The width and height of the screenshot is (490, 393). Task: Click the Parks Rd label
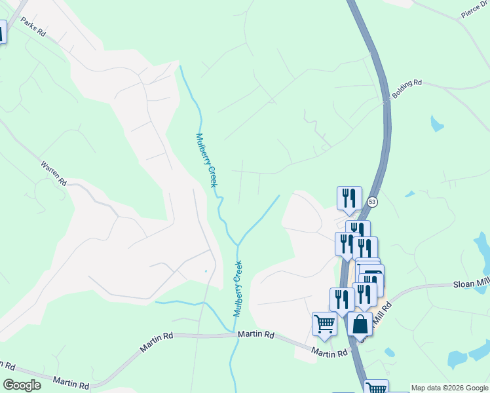[x=32, y=27]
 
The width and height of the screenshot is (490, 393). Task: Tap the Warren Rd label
[x=54, y=172]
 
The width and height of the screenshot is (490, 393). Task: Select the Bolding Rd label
[x=407, y=90]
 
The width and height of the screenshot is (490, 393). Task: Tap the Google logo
[x=22, y=385]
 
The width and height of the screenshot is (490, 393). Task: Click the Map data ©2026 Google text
[x=449, y=388]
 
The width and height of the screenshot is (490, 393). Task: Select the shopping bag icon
[x=360, y=323]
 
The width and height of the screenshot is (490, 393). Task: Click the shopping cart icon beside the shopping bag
[x=325, y=323]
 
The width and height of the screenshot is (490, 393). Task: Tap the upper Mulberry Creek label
[x=206, y=160]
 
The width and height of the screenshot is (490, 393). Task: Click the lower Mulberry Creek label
[x=238, y=288]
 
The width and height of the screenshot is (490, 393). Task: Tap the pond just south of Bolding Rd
[x=437, y=123]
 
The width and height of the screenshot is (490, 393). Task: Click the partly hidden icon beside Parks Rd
[x=2, y=31]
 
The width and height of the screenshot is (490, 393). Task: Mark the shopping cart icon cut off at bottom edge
[x=376, y=387]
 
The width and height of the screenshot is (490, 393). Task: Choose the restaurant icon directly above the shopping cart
[x=342, y=299]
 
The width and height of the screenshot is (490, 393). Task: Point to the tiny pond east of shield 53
[x=409, y=194]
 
